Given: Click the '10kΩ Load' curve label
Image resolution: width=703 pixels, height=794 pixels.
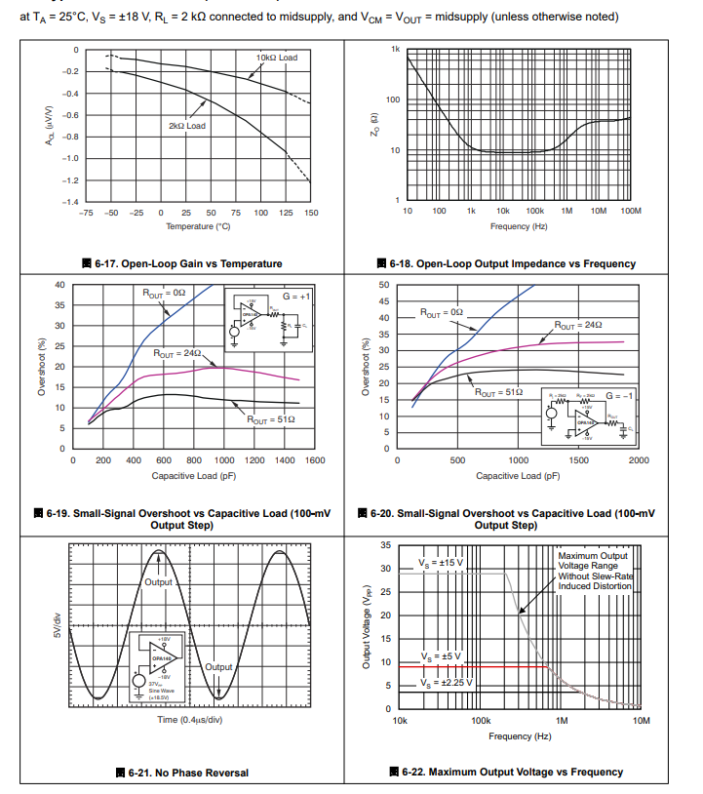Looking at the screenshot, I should coord(277,58).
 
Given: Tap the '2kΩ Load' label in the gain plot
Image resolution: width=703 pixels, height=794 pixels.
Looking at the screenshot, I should coord(187,125).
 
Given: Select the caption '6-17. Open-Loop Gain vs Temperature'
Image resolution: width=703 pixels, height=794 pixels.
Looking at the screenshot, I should coord(182,263).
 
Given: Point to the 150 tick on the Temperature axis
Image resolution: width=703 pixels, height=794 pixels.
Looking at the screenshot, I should coord(311,213).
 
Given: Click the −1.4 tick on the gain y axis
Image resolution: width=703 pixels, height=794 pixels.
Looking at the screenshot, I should coord(70,202).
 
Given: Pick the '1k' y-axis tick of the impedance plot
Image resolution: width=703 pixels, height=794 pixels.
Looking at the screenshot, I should coord(395,49).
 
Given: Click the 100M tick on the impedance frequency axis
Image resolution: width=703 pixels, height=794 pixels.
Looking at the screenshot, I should coord(629,211).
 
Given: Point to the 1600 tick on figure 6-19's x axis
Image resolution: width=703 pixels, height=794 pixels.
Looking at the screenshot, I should coord(315,460).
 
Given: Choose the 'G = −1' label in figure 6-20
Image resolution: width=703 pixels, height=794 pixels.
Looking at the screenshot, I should coord(620,395).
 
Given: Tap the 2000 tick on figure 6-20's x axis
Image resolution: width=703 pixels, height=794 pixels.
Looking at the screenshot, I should coord(639,460).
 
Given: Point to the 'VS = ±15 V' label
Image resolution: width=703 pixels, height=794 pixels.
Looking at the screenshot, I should coord(441,564).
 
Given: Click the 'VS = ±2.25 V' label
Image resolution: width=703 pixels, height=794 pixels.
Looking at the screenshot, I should coord(446,681).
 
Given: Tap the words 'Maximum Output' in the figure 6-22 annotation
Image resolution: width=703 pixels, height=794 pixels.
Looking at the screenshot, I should coord(591,556).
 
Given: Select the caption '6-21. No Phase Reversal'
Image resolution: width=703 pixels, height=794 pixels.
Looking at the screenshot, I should coord(182,773).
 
